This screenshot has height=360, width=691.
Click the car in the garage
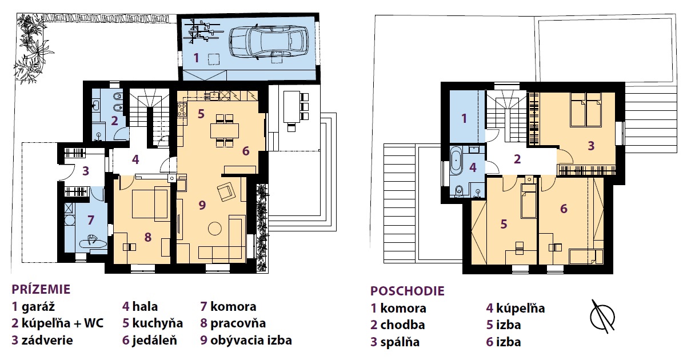click(269, 42)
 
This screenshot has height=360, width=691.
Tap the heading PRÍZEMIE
click(41, 289)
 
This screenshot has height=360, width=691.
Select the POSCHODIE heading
click(407, 291)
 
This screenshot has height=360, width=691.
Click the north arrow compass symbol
click(602, 317)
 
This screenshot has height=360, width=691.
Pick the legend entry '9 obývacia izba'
click(246, 340)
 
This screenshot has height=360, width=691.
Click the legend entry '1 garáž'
click(33, 307)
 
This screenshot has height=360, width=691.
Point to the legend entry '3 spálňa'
click(395, 342)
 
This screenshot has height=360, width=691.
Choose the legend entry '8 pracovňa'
click(233, 323)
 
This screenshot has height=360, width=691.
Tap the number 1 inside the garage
click(196, 58)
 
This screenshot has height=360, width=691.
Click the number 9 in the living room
click(202, 205)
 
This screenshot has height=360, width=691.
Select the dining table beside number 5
click(225, 130)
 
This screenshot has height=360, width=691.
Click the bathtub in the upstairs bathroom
click(456, 161)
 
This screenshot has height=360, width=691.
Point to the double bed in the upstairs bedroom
click(586, 110)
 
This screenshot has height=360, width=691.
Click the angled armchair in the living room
click(227, 191)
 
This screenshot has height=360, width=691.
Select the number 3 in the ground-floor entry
click(86, 171)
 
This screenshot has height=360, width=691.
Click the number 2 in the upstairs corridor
click(517, 159)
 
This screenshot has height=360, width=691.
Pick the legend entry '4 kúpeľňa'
click(516, 308)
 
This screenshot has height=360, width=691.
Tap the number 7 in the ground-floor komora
click(90, 220)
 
